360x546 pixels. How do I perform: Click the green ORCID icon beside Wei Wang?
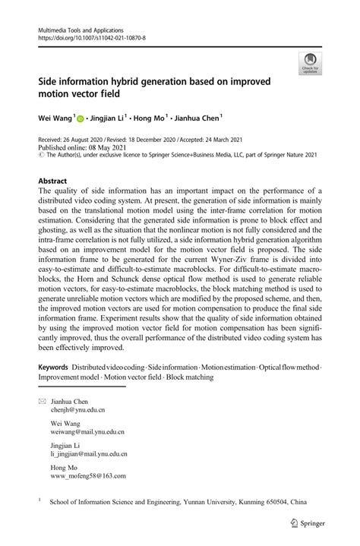pyautogui.click(x=80, y=118)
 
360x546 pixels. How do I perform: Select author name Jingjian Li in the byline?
pyautogui.click(x=114, y=118)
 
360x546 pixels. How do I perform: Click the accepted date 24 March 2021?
pyautogui.click(x=231, y=141)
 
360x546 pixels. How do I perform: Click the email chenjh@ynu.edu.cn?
pyautogui.click(x=77, y=409)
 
